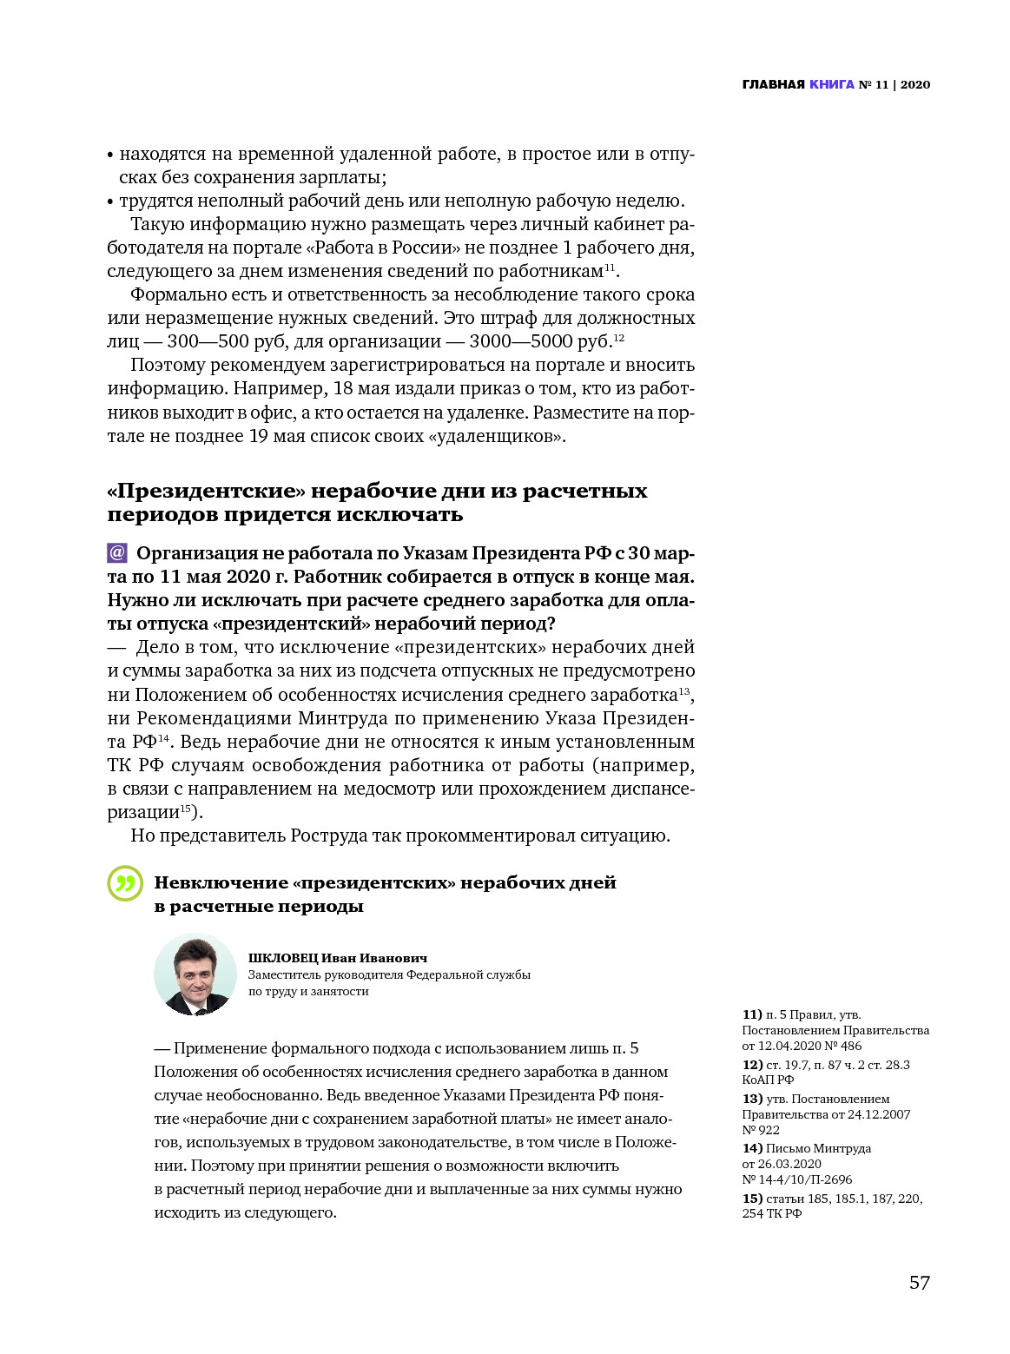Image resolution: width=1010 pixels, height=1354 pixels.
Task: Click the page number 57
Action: pyautogui.click(x=919, y=1283)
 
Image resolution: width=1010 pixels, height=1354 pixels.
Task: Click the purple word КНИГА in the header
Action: pyautogui.click(x=831, y=84)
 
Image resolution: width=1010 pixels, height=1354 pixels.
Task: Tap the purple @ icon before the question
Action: pyautogui.click(x=117, y=552)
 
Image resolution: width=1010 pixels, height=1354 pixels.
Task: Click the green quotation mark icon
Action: pyautogui.click(x=125, y=883)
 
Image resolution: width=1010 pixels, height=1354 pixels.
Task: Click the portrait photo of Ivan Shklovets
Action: pyautogui.click(x=195, y=974)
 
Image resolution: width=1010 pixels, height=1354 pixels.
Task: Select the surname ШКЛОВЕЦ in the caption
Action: pyautogui.click(x=282, y=958)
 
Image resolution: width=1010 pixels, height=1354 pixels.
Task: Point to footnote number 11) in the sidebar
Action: pyautogui.click(x=752, y=1014)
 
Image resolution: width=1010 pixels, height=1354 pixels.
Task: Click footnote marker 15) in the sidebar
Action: pyautogui.click(x=752, y=1199)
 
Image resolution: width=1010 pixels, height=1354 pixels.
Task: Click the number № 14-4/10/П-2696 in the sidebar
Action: pyautogui.click(x=796, y=1179)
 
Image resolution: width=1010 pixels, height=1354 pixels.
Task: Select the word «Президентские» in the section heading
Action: pyautogui.click(x=206, y=491)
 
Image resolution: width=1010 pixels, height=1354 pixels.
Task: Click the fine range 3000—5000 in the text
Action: pyautogui.click(x=520, y=341)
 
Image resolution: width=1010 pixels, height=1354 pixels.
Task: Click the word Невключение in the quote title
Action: pyautogui.click(x=221, y=882)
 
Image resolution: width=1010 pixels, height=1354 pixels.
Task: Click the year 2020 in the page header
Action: pyautogui.click(x=914, y=84)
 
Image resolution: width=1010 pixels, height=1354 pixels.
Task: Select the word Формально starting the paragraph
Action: pyautogui.click(x=178, y=294)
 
